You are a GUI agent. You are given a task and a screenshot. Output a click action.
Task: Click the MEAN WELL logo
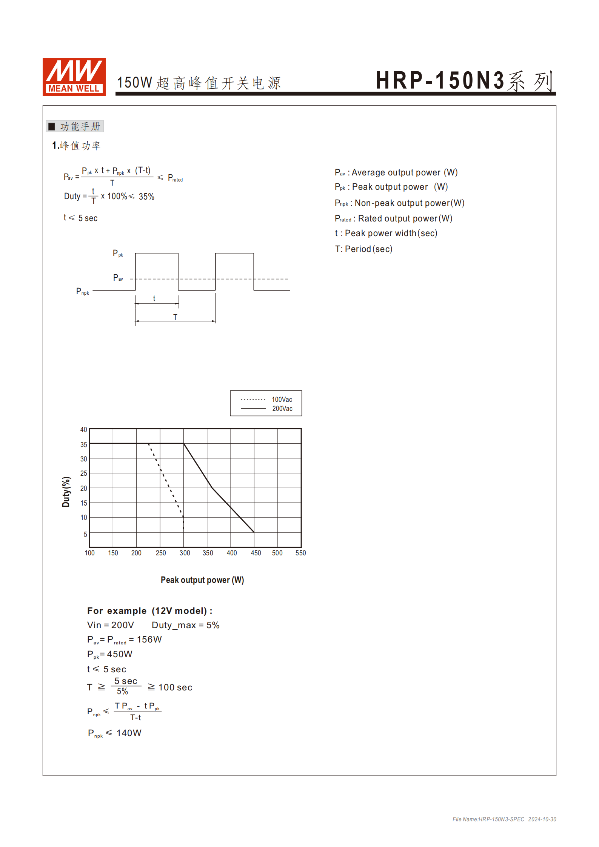tap(74, 77)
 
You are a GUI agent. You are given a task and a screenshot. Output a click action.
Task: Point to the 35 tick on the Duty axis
tap(84, 444)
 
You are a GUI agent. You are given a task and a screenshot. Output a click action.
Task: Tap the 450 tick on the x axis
tap(256, 553)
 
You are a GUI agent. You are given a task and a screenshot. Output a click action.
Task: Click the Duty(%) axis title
tap(66, 492)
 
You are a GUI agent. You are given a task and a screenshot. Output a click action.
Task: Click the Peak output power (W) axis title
tap(202, 580)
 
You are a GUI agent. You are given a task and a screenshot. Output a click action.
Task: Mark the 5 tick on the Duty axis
tap(85, 534)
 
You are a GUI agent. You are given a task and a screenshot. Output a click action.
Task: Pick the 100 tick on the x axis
tap(89, 553)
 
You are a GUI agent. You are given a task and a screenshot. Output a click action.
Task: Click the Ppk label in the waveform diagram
tap(118, 254)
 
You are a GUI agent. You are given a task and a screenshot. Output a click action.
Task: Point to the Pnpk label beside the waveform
tap(83, 291)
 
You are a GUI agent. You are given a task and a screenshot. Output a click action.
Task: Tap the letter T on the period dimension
tap(175, 317)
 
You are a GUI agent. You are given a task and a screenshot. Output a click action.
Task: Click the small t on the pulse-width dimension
tap(154, 298)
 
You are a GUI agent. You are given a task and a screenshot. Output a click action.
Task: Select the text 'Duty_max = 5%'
tap(185, 625)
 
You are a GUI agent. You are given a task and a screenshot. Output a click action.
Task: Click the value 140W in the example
tap(129, 733)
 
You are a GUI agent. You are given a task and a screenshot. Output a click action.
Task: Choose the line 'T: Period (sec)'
tap(363, 249)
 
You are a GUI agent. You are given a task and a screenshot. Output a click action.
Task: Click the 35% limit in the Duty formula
tap(146, 197)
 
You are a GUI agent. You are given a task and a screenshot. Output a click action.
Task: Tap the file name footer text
tap(504, 819)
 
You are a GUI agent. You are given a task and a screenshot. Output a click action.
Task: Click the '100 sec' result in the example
tap(175, 687)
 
